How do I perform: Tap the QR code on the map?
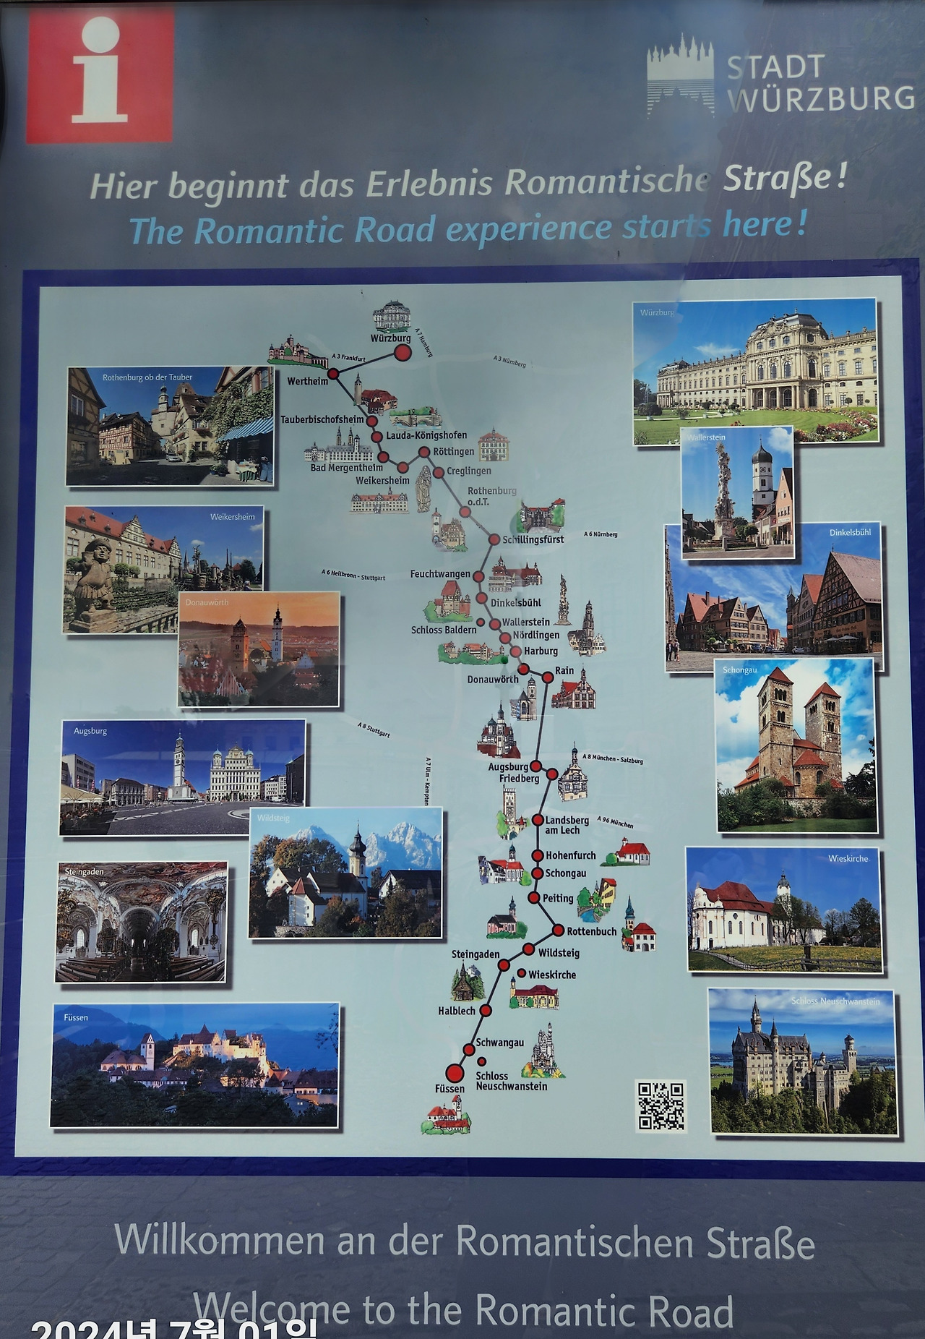(x=661, y=1105)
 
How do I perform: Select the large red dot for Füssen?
(x=455, y=1071)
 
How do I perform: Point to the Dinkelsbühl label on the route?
(x=515, y=602)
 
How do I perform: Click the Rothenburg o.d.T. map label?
(x=491, y=496)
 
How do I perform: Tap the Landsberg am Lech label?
(x=567, y=825)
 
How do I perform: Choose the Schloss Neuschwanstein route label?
(x=511, y=1081)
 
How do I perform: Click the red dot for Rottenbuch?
(x=558, y=930)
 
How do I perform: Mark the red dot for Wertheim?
(x=334, y=374)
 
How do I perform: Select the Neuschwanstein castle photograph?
(x=803, y=1061)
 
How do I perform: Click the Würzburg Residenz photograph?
(x=756, y=371)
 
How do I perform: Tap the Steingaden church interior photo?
(x=142, y=922)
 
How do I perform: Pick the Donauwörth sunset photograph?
(x=259, y=649)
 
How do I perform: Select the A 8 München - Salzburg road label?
(x=613, y=759)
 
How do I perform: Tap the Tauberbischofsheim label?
(x=322, y=419)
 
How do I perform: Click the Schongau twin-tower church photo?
(x=796, y=745)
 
